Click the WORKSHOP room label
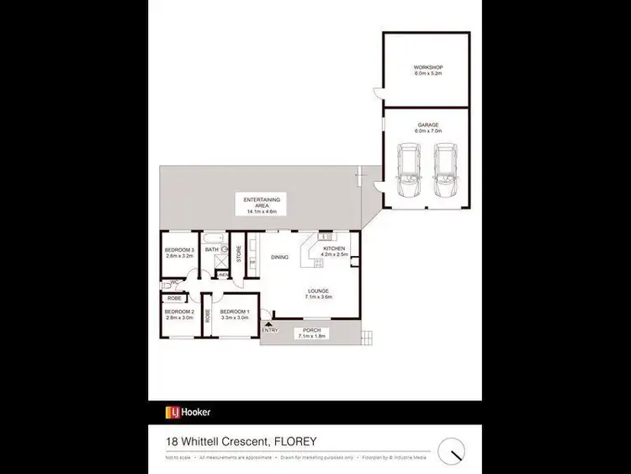click(427, 67)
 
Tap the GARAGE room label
click(427, 125)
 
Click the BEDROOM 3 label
click(179, 250)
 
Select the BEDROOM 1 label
click(233, 312)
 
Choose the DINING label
click(280, 258)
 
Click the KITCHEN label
click(334, 249)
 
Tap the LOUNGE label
click(317, 291)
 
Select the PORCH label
click(311, 329)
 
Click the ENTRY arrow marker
click(268, 322)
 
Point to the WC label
click(173, 282)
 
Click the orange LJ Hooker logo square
click(172, 413)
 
